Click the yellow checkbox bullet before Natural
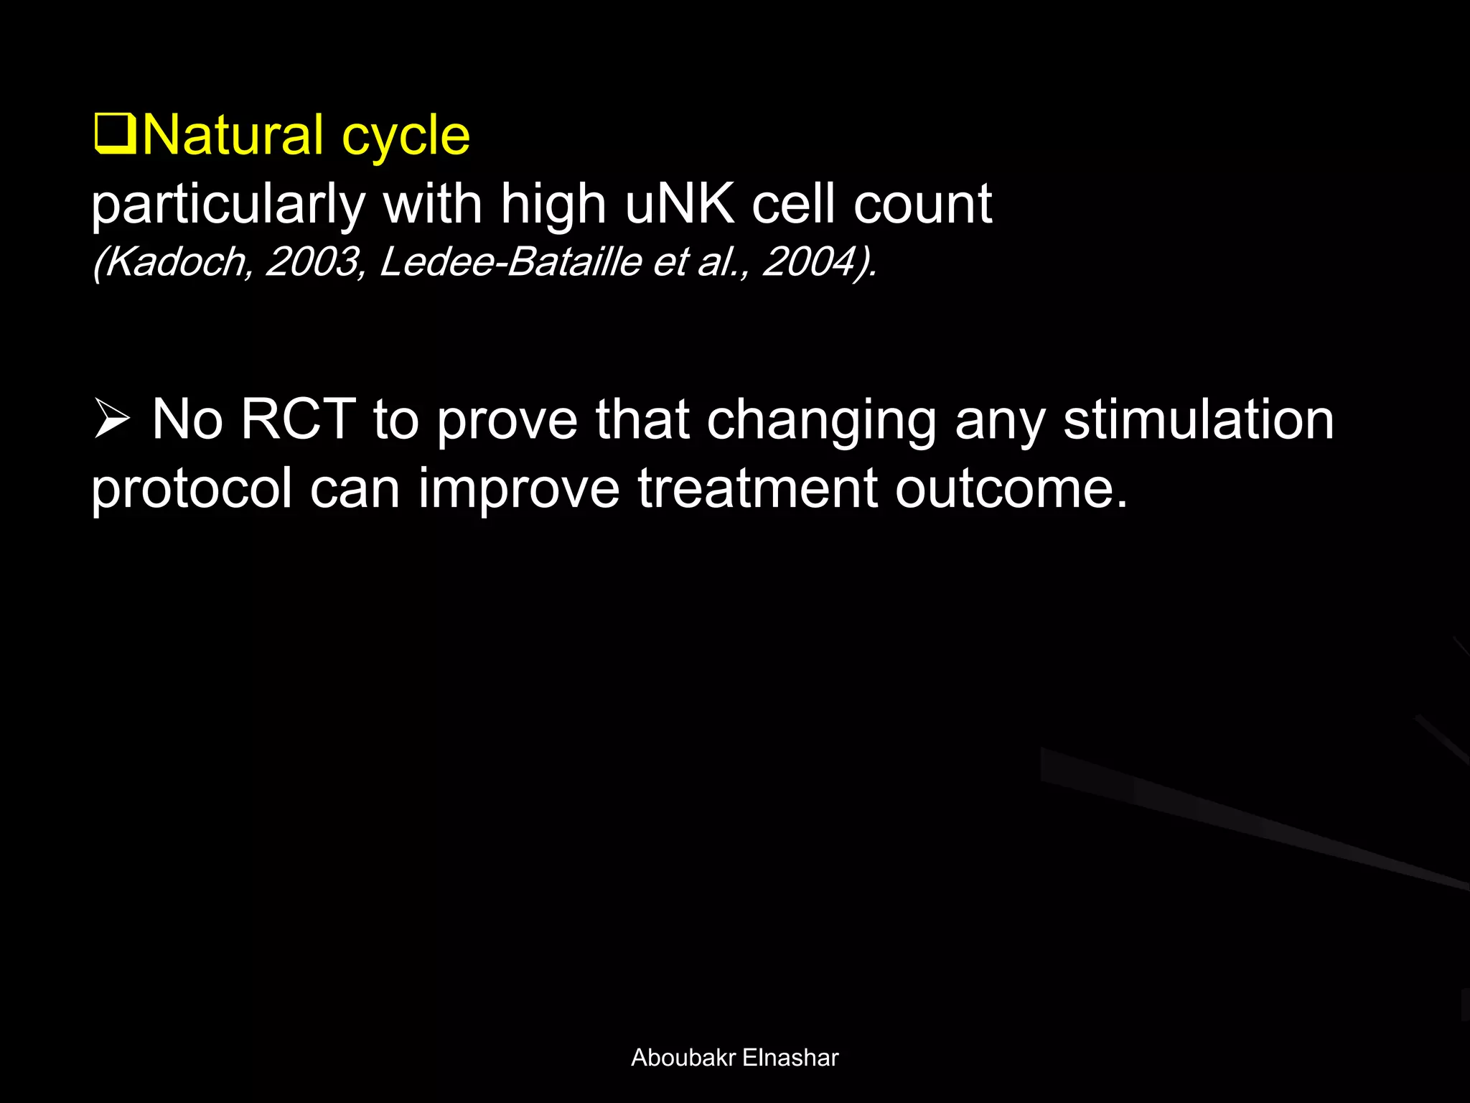115,135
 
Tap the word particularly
228,206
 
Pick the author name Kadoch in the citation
172,261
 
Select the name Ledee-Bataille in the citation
510,261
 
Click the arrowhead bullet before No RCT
112,420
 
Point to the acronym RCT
298,419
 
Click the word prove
507,422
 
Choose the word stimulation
1198,419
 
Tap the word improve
518,491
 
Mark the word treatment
757,488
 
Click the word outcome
1011,488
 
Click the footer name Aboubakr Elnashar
734,1058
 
